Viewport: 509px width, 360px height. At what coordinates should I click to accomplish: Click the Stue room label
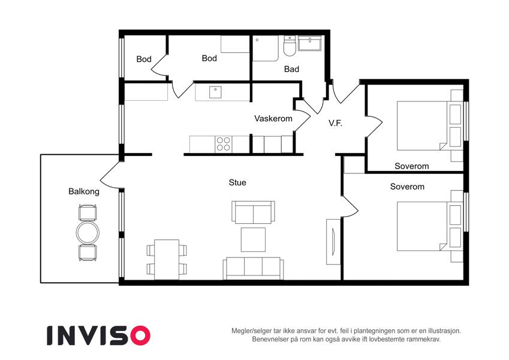237,182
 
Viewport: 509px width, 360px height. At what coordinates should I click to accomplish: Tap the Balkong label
84,191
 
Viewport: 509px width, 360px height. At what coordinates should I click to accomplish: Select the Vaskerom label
273,119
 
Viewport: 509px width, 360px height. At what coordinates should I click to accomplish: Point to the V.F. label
335,123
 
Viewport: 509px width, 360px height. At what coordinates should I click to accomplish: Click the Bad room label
291,69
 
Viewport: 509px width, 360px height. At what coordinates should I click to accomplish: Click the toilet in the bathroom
289,46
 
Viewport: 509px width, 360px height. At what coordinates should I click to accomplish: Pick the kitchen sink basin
215,92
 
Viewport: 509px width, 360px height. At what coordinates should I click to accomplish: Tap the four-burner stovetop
224,144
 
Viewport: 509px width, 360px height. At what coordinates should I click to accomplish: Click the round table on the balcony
88,233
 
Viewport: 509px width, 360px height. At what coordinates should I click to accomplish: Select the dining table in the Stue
167,260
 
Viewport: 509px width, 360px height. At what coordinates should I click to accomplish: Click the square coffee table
253,239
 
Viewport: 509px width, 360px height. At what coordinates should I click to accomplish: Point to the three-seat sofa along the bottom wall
253,268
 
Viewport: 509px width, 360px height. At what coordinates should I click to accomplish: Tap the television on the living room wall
333,242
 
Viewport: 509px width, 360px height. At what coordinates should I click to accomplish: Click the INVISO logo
98,335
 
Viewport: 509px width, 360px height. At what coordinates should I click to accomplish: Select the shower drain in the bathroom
257,40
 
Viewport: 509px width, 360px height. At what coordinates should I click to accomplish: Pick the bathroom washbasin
310,43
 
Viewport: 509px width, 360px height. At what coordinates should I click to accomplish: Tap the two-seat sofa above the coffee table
253,212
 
